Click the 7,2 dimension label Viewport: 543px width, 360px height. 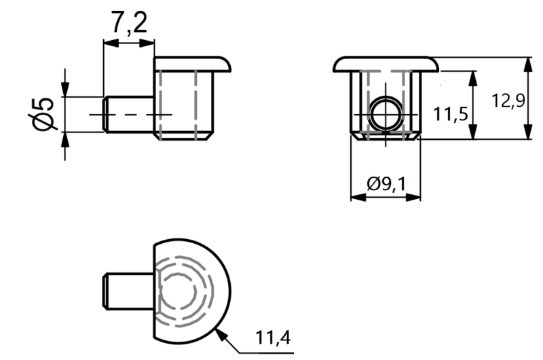point(129,22)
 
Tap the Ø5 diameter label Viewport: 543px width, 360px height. point(41,114)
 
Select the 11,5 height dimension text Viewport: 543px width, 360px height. point(451,113)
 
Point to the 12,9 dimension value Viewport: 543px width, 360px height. point(508,101)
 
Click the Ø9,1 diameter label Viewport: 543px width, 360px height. point(386,183)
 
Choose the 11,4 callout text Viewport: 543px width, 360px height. point(273,337)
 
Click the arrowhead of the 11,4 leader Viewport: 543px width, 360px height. point(222,335)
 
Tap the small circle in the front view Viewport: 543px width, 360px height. point(386,114)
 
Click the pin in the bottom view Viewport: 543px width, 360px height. point(129,291)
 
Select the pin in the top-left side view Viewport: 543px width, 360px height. point(129,114)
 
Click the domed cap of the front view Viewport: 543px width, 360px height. point(386,64)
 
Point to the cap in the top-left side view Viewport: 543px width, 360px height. point(193,64)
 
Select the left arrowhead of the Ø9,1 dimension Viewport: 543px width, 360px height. point(358,198)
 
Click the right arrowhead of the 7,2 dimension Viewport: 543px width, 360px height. point(147,43)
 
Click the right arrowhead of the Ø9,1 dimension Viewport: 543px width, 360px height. point(413,198)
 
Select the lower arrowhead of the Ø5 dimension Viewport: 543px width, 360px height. point(65,140)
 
